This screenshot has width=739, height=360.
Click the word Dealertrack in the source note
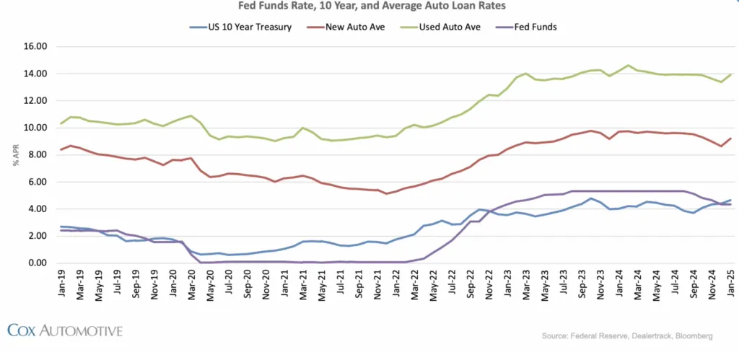[644, 335]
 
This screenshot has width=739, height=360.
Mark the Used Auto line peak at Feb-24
[628, 66]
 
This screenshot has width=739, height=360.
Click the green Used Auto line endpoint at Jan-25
[731, 74]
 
